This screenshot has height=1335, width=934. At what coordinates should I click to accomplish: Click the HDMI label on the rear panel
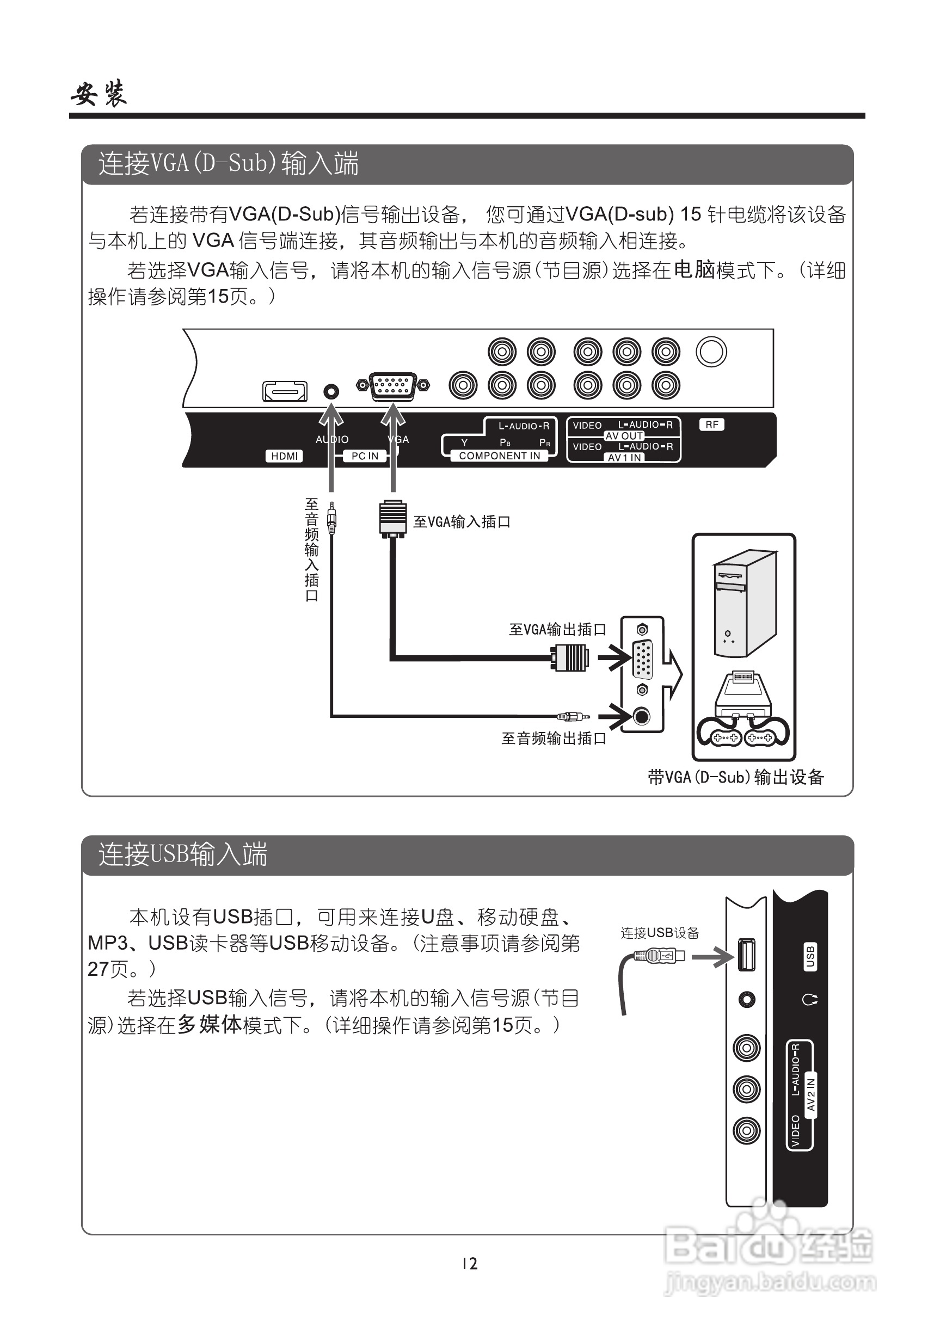284,456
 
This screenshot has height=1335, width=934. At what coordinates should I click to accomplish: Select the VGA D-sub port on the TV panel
393,385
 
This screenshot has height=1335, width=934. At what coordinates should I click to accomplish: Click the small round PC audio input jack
331,391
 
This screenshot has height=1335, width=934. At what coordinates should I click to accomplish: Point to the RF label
712,425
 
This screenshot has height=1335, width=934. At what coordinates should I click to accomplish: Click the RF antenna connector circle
711,352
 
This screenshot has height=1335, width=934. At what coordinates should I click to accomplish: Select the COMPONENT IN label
500,456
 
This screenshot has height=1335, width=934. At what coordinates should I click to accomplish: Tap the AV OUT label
624,435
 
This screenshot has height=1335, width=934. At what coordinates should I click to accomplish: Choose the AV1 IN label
624,458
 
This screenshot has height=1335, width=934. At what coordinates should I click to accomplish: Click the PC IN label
365,456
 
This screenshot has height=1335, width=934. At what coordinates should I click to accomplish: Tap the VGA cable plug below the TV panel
393,518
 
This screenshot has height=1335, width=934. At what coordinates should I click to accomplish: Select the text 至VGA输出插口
558,629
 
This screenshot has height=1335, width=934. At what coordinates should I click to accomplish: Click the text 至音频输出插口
554,738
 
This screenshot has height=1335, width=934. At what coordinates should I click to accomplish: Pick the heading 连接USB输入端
183,854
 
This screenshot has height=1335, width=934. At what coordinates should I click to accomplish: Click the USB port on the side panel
746,954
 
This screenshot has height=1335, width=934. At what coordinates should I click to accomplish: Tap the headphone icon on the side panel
809,999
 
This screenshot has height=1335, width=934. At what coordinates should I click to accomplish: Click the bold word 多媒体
210,1024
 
